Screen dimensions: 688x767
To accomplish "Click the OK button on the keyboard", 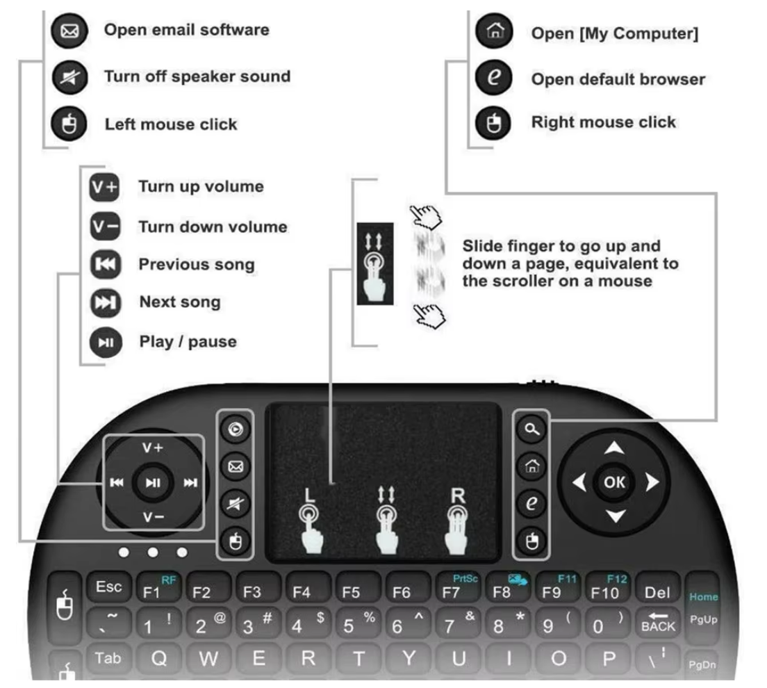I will click(615, 482).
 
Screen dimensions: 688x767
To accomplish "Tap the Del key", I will click(657, 591).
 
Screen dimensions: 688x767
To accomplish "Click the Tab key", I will click(107, 657).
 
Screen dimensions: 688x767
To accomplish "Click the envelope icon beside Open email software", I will click(70, 31).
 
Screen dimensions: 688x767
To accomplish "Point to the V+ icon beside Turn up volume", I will click(105, 188).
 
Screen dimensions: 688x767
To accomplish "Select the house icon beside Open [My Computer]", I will click(493, 32).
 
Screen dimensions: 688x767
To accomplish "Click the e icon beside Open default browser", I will click(493, 78).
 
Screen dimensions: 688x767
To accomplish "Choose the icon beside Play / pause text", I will click(106, 342).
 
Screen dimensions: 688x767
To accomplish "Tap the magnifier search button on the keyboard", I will click(531, 429).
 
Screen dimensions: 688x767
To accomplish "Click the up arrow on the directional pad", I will click(616, 449).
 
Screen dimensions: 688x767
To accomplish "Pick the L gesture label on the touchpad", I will click(309, 496).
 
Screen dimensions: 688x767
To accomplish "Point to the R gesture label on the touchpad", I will click(457, 496).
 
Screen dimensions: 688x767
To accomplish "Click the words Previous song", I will click(197, 265).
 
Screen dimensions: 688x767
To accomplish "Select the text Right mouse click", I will click(603, 122).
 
